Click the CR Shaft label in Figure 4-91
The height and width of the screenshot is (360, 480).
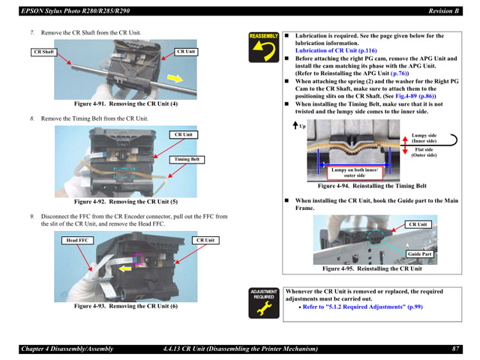pyautogui.click(x=44, y=52)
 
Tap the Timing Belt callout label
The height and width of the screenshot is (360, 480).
pyautogui.click(x=187, y=159)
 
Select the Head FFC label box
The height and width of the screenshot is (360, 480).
pyautogui.click(x=77, y=240)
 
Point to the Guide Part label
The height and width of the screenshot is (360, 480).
pyautogui.click(x=419, y=253)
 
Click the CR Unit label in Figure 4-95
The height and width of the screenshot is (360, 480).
pyautogui.click(x=418, y=224)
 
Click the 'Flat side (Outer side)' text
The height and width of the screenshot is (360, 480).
pyautogui.click(x=424, y=152)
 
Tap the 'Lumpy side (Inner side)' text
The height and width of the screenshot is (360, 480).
pyautogui.click(x=424, y=138)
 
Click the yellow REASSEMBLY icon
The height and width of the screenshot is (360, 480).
pyautogui.click(x=264, y=47)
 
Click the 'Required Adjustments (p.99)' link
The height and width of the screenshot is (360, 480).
pyautogui.click(x=362, y=307)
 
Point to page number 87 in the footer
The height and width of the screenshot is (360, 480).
pyautogui.click(x=455, y=349)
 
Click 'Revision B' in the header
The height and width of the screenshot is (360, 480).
pyautogui.click(x=444, y=10)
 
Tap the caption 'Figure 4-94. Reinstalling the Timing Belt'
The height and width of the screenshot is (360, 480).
pyautogui.click(x=372, y=186)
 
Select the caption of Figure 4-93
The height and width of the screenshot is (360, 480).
pyautogui.click(x=125, y=306)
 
